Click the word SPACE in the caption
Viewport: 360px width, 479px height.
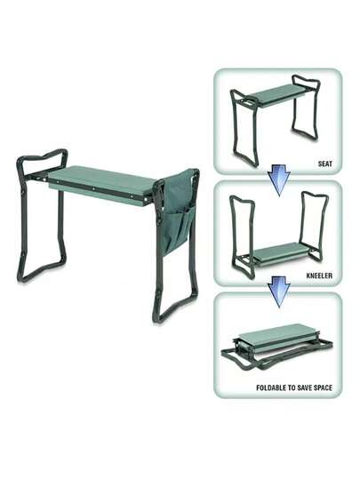[x=325, y=387]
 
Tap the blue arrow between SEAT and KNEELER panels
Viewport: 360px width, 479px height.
[x=278, y=182]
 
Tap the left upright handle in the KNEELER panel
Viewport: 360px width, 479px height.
[x=241, y=227]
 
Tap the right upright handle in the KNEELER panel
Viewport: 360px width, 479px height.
[x=315, y=222]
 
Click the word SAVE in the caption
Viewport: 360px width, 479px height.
[x=305, y=387]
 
